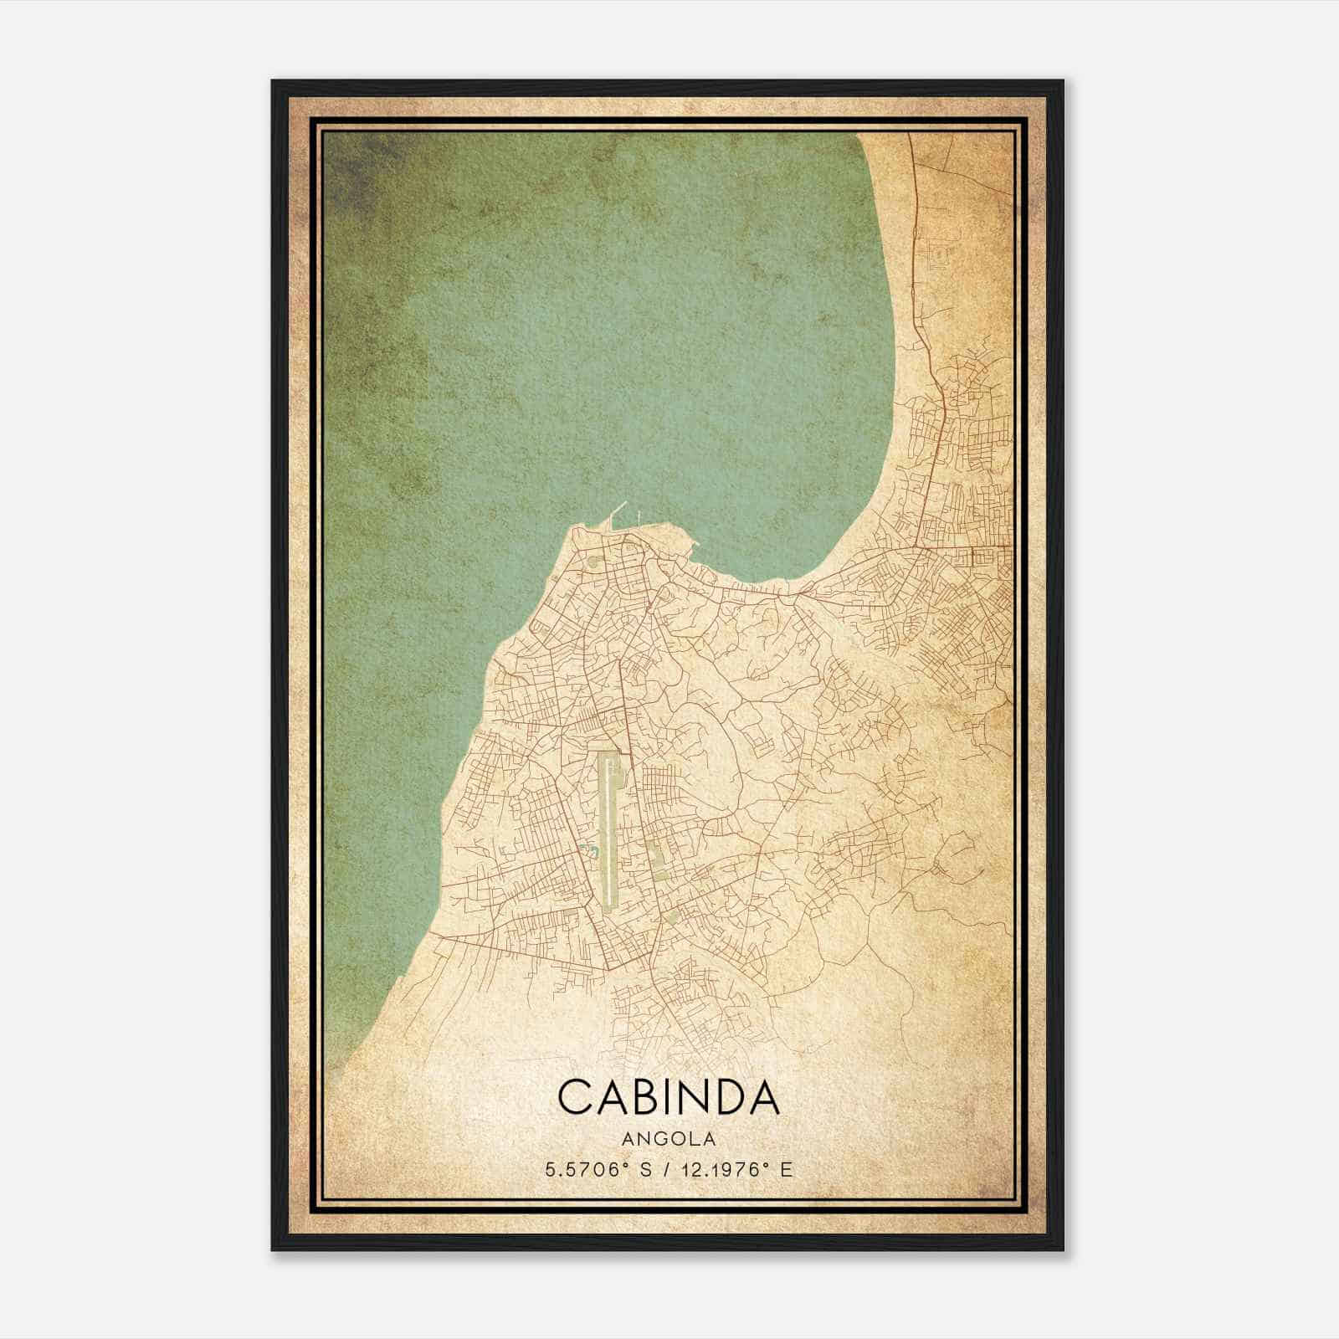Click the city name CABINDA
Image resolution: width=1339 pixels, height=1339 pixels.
[669, 1096]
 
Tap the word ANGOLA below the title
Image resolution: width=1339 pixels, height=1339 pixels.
[669, 1139]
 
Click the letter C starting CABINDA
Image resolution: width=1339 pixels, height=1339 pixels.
[574, 1096]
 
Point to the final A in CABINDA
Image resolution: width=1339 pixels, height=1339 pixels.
[764, 1096]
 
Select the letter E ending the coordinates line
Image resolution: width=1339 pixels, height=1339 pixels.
[785, 1170]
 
